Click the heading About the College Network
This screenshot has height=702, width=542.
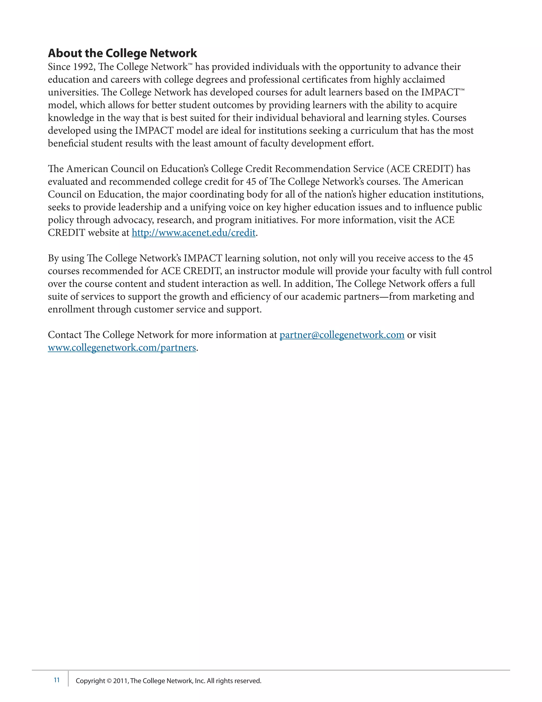pyautogui.click(x=122, y=53)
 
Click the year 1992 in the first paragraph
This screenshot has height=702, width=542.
pyautogui.click(x=83, y=67)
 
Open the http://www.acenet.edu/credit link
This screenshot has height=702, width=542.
pyautogui.click(x=194, y=233)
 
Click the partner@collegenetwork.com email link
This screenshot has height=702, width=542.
pyautogui.click(x=342, y=335)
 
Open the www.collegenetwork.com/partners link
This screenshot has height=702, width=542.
pyautogui.click(x=122, y=348)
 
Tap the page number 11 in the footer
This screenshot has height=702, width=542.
pyautogui.click(x=57, y=680)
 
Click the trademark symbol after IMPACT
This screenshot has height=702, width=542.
pyautogui.click(x=462, y=90)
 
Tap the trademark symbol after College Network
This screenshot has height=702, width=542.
pyautogui.click(x=190, y=65)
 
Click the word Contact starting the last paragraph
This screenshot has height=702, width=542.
pyautogui.click(x=65, y=335)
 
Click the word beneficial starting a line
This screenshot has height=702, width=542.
pyautogui.click(x=68, y=143)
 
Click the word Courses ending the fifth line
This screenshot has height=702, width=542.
pyautogui.click(x=449, y=118)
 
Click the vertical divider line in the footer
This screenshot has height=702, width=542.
pyautogui.click(x=68, y=678)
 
